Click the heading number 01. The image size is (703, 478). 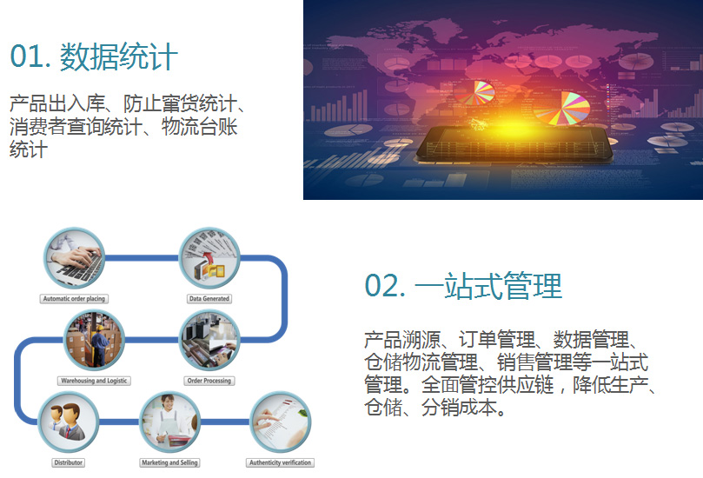30,57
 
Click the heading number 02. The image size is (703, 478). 384,286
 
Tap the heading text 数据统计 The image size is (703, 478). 119,57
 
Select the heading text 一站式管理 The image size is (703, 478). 488,286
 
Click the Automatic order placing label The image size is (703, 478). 74,299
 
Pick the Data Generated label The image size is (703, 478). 209,299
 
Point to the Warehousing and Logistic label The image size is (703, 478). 94,381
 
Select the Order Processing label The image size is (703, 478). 209,381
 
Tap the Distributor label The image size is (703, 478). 68,462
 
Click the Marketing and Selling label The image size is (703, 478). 170,462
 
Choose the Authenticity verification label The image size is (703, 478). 280,462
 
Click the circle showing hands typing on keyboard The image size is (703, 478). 74,258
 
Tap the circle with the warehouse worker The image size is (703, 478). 94,340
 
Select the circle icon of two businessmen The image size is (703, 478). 68,422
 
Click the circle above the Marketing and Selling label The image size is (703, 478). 170,422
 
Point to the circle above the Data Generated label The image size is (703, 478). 209,258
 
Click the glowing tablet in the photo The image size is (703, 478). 514,144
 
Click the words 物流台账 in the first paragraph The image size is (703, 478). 200,127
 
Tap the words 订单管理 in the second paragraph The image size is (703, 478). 497,340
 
